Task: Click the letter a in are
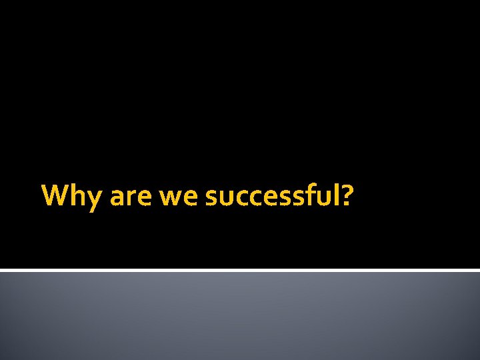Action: (117, 198)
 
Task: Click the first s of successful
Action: (211, 198)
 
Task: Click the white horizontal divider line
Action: (240, 270)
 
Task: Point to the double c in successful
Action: (247, 198)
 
